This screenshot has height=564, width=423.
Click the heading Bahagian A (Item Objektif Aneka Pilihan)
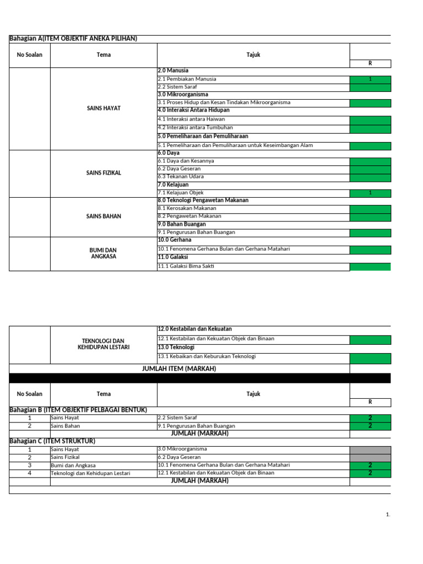click(x=73, y=39)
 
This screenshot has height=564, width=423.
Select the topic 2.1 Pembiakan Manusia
click(x=187, y=79)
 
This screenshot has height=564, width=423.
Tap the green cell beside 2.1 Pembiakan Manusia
click(x=370, y=79)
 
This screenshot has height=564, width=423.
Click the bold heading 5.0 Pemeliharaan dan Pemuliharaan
click(x=203, y=136)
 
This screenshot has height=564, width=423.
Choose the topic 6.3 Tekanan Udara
click(x=181, y=177)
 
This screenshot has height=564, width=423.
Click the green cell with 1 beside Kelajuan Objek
click(x=370, y=193)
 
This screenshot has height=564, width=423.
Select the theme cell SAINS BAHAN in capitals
click(x=104, y=216)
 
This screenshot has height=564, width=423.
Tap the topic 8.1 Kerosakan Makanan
click(x=187, y=209)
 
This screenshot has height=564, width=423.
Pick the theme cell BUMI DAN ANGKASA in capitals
click(x=104, y=253)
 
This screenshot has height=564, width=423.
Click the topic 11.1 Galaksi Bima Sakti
click(x=186, y=267)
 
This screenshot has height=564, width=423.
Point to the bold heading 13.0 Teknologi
click(x=176, y=348)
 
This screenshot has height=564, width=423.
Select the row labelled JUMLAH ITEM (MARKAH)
click(x=179, y=368)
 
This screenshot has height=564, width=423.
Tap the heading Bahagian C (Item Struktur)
click(x=52, y=441)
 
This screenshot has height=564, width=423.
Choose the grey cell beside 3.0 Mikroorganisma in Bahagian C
click(x=370, y=450)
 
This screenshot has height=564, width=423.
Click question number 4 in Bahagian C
click(x=30, y=473)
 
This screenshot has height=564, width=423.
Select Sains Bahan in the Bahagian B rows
click(x=65, y=426)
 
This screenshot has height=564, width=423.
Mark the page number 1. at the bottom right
click(x=388, y=515)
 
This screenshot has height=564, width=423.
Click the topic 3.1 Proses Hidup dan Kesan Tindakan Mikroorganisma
click(x=224, y=103)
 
